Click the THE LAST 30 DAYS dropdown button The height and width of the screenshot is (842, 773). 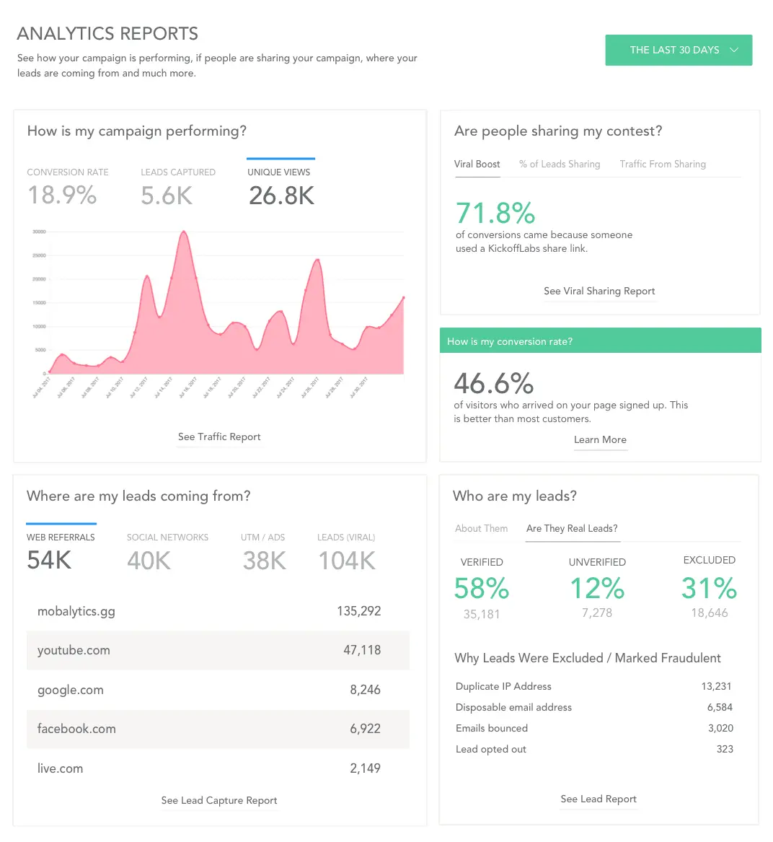678,50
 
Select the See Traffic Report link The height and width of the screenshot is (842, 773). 219,437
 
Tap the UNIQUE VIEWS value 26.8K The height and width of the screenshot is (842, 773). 281,196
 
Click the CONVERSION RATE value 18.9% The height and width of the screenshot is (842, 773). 62,196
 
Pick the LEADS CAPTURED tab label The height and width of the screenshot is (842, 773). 178,172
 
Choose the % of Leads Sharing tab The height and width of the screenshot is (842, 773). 560,165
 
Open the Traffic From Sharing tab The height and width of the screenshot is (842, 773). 662,165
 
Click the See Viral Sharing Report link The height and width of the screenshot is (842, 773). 599,291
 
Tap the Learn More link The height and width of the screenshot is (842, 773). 600,439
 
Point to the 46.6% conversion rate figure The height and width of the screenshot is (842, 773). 494,382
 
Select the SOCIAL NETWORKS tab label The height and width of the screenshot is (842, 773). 167,538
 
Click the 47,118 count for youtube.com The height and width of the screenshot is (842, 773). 362,650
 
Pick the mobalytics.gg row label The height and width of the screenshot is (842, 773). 76,611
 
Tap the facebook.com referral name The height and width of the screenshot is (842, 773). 76,729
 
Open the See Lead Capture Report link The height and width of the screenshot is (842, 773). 219,800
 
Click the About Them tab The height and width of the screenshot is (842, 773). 481,528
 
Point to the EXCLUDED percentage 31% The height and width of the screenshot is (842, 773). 709,588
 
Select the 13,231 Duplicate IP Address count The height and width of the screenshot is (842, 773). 717,686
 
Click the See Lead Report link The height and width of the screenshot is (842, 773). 598,799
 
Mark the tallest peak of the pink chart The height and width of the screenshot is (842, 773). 184,232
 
